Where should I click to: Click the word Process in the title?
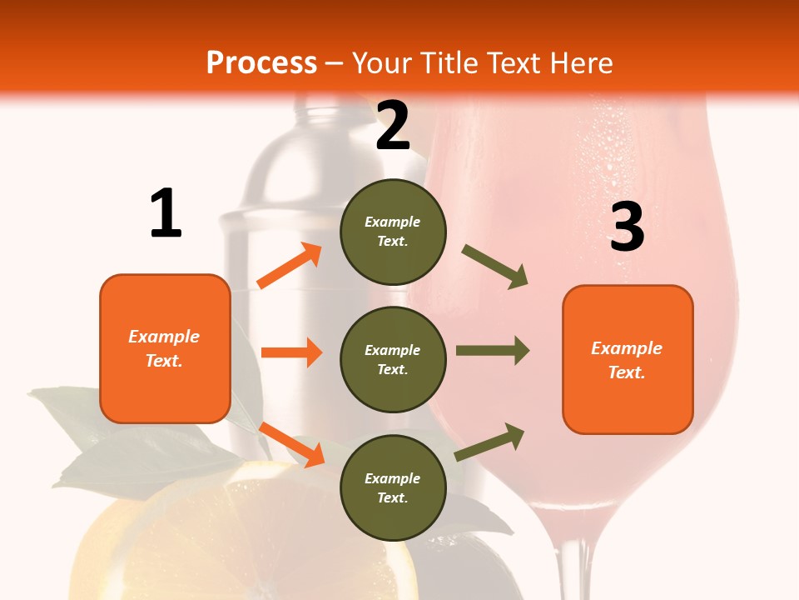pos(261,63)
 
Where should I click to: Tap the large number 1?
pos(166,214)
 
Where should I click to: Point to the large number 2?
pos(393,126)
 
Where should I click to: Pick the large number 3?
pos(627,227)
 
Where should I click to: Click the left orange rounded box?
pos(165,348)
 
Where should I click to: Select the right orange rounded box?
pos(628,359)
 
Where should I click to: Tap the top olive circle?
pos(393,232)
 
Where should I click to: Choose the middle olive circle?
pos(393,359)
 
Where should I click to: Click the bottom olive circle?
pos(393,487)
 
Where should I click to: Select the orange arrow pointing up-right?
pos(290,266)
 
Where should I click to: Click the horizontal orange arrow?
pos(291,352)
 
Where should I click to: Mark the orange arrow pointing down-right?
pos(292,444)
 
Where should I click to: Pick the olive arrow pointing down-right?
pos(495,267)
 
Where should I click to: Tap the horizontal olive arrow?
pos(492,350)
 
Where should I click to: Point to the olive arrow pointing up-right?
pos(489,442)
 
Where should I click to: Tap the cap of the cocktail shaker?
pos(320,125)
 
